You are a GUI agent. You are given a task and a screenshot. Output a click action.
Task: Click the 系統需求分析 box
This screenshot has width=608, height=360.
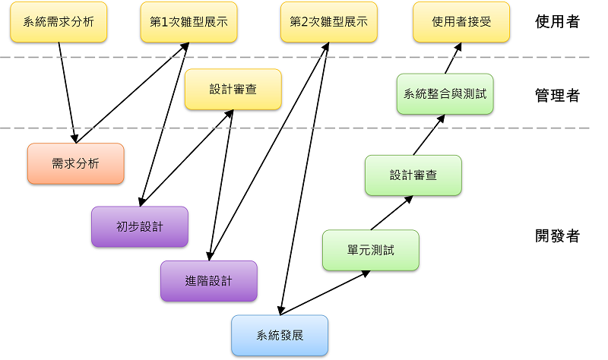point(59,22)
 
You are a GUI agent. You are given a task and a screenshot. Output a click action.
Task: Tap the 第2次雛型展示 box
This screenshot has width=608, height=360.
point(328,22)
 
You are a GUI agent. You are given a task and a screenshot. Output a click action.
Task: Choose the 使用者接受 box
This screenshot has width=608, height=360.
point(461,22)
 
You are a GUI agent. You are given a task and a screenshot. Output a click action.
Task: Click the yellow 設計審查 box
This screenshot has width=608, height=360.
point(233,90)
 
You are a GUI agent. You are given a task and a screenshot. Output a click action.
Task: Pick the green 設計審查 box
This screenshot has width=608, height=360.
point(413,175)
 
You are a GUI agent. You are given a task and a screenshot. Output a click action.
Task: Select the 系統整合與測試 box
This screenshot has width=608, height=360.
point(445,94)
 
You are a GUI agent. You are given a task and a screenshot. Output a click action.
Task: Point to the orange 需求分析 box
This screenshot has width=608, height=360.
point(75,163)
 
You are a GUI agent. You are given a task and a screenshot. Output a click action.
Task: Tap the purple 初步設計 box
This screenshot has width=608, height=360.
point(139,226)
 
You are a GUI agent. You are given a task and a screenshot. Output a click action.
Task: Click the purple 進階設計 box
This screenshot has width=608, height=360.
point(208,281)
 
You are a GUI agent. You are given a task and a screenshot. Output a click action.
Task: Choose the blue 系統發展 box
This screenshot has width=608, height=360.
point(280,335)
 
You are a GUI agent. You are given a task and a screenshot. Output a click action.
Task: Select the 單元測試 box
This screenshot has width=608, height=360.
point(371,250)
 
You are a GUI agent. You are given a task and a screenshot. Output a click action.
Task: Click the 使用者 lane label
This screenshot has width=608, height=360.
point(557,22)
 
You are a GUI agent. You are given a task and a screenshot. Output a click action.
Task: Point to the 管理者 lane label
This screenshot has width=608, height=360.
point(557,95)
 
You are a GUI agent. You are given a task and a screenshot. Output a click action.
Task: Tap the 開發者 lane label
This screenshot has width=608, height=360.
point(557,236)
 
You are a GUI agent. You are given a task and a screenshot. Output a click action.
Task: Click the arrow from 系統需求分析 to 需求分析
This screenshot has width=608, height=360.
point(67,92)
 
